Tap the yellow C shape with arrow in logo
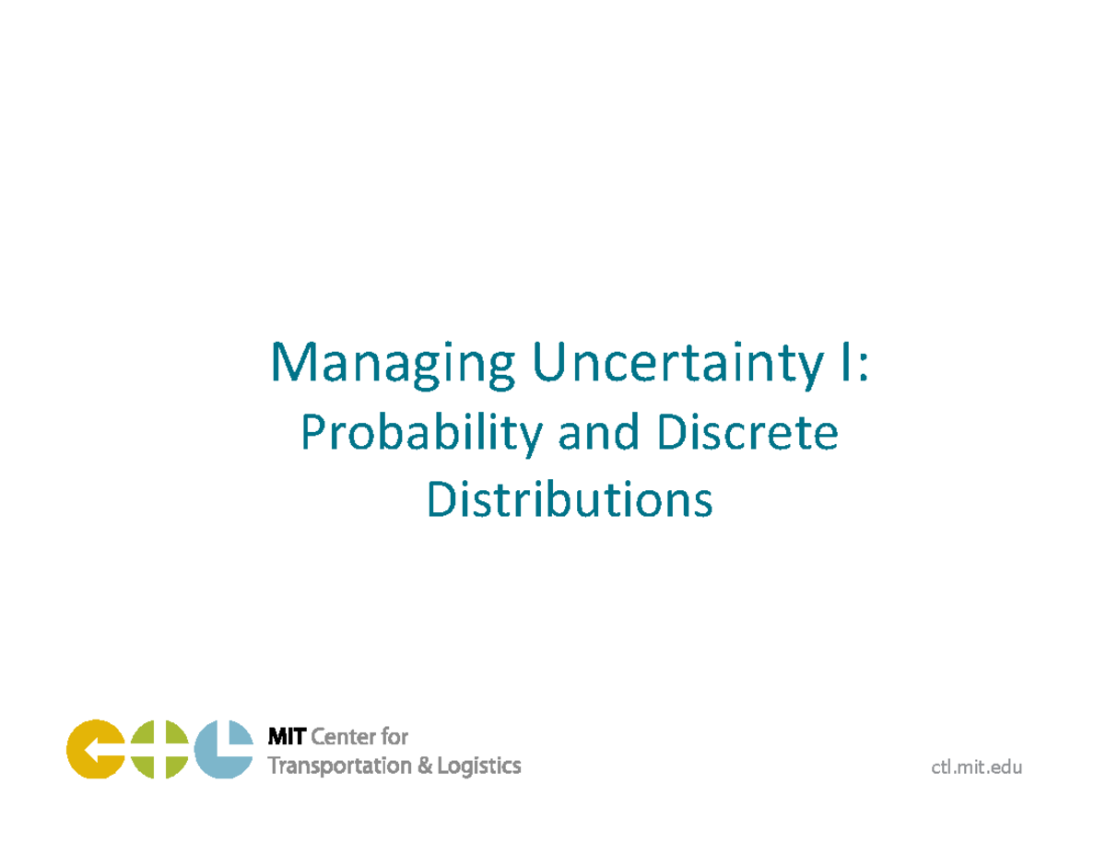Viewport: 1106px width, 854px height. pos(95,749)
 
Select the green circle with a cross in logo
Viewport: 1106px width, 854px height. pos(159,749)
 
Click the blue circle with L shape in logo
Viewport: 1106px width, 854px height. pos(223,749)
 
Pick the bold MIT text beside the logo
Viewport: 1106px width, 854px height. pos(286,737)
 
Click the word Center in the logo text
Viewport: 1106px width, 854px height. pos(345,737)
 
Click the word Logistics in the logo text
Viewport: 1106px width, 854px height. pos(480,766)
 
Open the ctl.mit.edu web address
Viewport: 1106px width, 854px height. pos(977,767)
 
